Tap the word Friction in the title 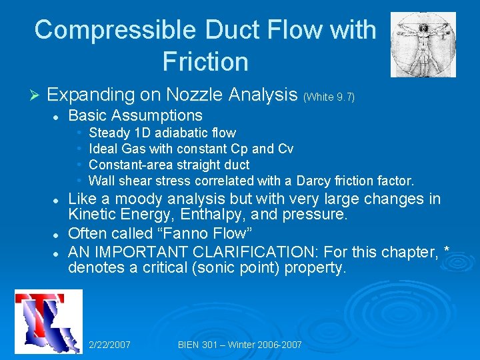pyautogui.click(x=205, y=62)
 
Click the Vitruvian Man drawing pyautogui.click(x=423, y=44)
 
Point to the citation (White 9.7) pyautogui.click(x=329, y=97)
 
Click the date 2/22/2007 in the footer pyautogui.click(x=109, y=345)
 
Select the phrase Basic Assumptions pyautogui.click(x=135, y=115)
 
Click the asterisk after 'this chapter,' pyautogui.click(x=446, y=251)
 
